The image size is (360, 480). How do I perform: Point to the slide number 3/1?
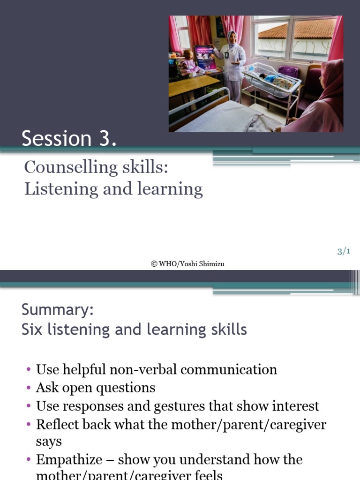tap(344, 252)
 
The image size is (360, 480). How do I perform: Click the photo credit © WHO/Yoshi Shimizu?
tap(187, 264)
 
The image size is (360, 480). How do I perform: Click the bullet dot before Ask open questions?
tap(29, 389)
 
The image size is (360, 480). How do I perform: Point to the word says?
tap(49, 442)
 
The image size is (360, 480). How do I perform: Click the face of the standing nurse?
tap(232, 38)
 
